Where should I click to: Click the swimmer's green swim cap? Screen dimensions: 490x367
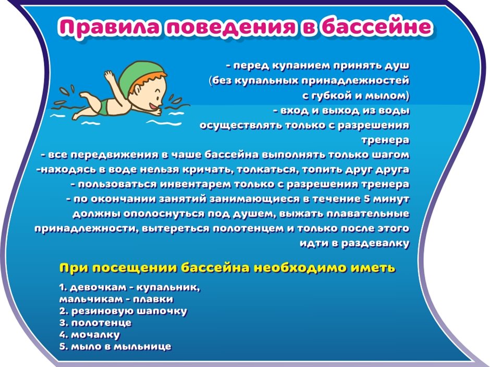coord(138,77)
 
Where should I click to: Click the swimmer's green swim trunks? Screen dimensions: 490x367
coord(104,107)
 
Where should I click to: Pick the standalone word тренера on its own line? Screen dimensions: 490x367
coord(385,141)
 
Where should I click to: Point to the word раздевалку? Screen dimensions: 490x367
coord(375,244)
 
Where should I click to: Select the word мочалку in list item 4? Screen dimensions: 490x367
coord(95,335)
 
